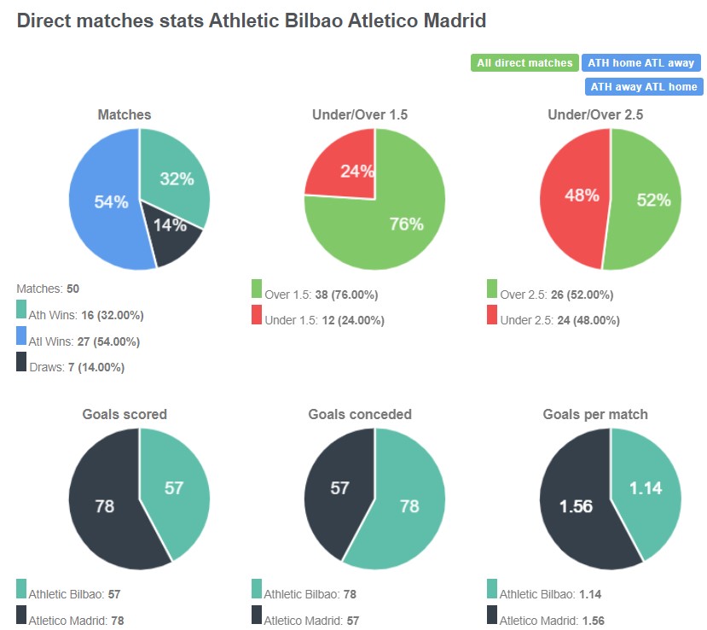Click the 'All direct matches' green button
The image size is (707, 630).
(x=524, y=63)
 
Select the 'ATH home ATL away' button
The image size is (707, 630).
(x=640, y=63)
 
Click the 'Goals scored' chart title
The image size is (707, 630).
(x=125, y=414)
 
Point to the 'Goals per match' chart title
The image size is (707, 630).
(x=595, y=414)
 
